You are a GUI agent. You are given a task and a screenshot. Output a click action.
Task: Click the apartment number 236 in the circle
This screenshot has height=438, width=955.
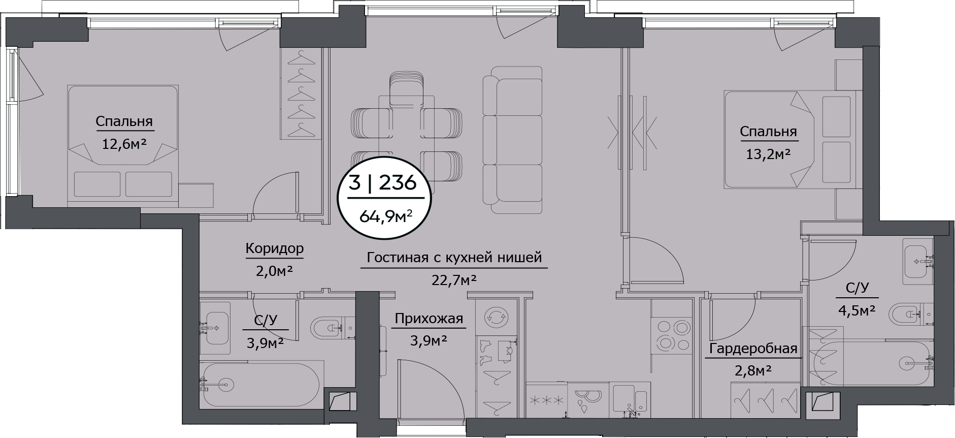398,181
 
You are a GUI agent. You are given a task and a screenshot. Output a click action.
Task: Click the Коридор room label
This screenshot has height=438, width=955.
275,248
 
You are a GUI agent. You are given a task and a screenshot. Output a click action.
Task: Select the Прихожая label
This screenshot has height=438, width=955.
429,319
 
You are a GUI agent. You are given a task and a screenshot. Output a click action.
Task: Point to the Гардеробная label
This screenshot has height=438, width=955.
753,349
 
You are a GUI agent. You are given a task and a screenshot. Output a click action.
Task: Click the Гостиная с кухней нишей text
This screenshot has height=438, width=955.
454,258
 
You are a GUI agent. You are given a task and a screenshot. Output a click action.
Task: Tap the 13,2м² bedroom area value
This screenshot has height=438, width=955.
768,153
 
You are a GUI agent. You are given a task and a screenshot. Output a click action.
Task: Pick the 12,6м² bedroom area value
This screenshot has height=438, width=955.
125,144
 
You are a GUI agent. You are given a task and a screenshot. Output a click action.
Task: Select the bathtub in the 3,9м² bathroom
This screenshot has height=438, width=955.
259,384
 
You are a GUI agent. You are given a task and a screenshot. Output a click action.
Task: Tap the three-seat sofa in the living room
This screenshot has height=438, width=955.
512,140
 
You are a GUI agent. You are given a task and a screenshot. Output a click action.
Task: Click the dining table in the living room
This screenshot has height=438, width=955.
407,137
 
